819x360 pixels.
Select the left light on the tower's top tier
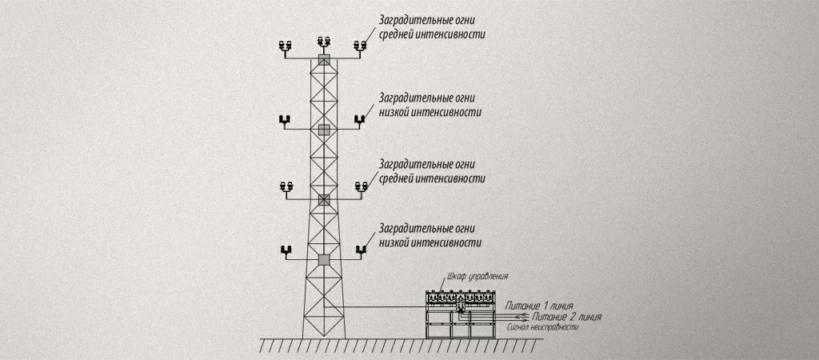point(286,46)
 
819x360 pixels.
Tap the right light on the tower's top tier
point(361,46)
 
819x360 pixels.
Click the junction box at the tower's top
point(324,59)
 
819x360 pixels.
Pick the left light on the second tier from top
point(285,121)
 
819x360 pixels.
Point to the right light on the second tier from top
point(360,121)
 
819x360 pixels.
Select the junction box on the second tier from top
point(324,129)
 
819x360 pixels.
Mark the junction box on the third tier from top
point(324,199)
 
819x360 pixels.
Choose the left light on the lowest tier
point(286,250)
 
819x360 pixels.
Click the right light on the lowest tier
point(361,250)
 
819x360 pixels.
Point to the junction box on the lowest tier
point(324,259)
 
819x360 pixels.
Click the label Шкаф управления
point(477,276)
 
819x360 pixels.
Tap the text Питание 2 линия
point(566,317)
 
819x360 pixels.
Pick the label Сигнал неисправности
point(544,328)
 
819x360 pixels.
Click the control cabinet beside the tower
point(461,314)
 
